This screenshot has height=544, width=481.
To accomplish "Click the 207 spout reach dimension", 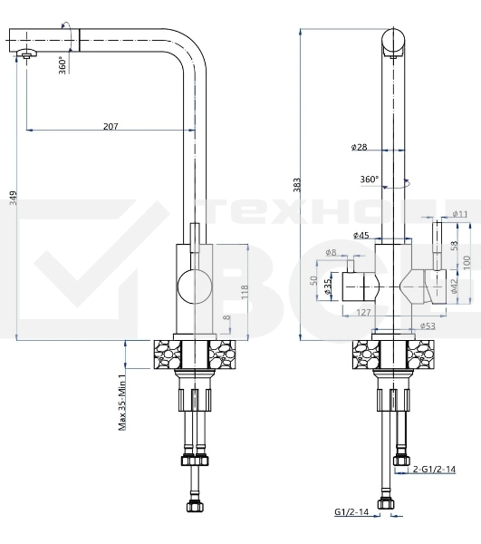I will pos(110,127).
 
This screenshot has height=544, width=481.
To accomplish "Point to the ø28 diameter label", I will pos(359,147).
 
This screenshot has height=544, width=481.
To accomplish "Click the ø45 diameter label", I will pos(360,236).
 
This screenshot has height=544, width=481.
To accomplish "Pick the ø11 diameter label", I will pos(460,214).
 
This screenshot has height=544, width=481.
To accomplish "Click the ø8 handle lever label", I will pos(331,252).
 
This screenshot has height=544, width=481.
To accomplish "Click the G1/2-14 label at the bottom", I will pos(350,511).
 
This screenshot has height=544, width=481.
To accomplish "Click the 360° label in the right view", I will pos(369,180).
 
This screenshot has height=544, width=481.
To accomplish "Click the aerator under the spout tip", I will pos(26,56).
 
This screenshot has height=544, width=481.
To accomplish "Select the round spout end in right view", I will pos(393,42).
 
